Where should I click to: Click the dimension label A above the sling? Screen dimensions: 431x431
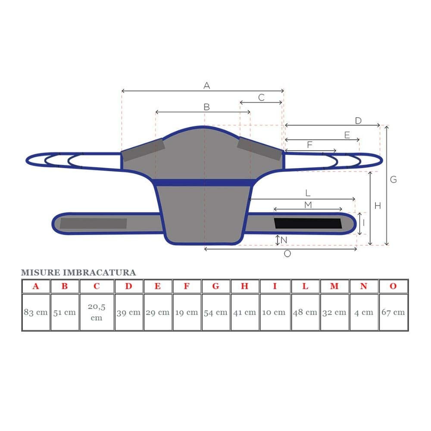click(207, 85)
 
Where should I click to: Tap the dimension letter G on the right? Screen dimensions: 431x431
click(394, 179)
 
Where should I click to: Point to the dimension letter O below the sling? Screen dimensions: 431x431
click(287, 254)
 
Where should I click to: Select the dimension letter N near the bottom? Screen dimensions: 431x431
click(284, 240)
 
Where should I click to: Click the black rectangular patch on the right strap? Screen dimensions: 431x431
click(308, 223)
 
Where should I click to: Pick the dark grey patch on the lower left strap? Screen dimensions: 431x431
click(94, 223)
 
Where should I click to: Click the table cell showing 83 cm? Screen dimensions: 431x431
click(36, 312)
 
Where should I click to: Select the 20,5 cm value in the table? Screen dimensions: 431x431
click(97, 312)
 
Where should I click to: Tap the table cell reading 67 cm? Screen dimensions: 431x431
click(393, 312)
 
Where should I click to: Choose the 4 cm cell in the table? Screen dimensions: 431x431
click(364, 312)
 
